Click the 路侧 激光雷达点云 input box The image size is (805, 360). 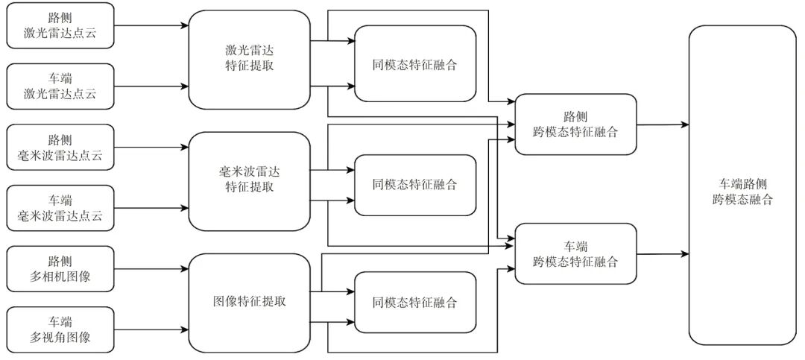click(x=60, y=25)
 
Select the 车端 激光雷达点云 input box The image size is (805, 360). click(x=60, y=86)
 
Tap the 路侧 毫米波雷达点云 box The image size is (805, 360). click(x=60, y=147)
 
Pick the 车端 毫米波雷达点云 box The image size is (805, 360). click(x=60, y=208)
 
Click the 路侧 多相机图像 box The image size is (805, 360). click(x=60, y=269)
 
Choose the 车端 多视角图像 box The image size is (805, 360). click(x=60, y=330)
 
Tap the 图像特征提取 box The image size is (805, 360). click(x=249, y=302)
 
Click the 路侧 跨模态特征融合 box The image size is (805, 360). click(x=575, y=124)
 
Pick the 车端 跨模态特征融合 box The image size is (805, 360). click(x=575, y=253)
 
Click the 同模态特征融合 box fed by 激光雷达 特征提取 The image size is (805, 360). click(x=414, y=64)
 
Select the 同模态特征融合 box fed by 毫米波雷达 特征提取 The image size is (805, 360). click(x=414, y=185)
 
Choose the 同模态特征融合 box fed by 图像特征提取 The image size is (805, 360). click(x=414, y=303)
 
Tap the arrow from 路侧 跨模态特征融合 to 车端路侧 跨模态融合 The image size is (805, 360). click(x=662, y=124)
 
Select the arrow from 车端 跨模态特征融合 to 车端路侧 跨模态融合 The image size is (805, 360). click(x=662, y=254)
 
